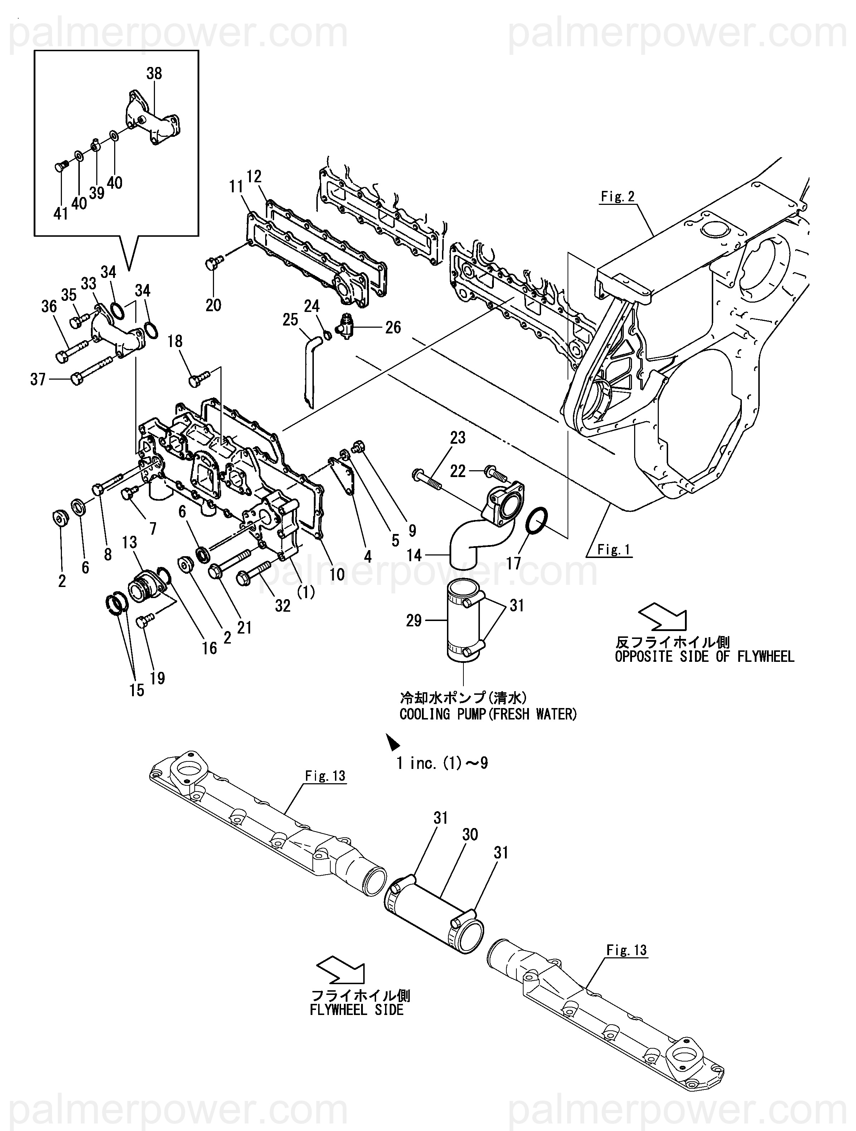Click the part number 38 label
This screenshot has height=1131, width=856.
[154, 74]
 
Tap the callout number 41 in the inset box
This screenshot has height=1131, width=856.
[61, 214]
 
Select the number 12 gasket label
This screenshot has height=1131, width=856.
[254, 177]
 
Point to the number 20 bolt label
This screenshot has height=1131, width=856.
[213, 305]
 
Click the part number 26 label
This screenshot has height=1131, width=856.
[393, 327]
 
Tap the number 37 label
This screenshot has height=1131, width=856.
[38, 379]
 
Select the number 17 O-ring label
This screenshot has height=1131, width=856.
[514, 563]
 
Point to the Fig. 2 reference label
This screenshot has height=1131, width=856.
[617, 196]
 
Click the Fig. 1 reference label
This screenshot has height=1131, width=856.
[614, 550]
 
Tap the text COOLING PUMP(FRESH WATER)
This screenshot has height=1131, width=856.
[488, 714]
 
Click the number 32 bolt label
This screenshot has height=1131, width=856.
[283, 606]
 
